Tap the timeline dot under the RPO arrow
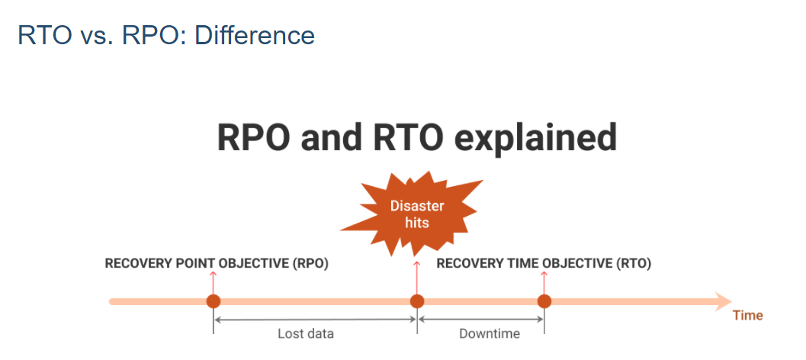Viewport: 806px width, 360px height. [214, 301]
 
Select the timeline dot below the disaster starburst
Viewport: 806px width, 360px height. [417, 301]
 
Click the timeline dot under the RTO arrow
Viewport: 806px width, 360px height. [544, 301]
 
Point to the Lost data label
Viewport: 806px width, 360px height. [306, 334]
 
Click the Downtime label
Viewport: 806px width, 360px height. [490, 334]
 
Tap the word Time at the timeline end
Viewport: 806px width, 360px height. [748, 315]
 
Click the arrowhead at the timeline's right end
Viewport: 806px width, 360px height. [723, 301]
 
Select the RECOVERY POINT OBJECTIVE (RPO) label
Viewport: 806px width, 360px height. [217, 264]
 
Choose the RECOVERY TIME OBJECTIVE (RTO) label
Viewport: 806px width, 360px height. [544, 264]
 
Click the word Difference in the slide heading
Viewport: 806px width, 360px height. [255, 35]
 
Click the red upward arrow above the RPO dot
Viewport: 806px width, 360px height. [214, 282]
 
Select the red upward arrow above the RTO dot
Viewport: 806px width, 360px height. [544, 282]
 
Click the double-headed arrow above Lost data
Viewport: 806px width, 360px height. [315, 320]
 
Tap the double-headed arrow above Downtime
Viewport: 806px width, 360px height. [480, 320]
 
